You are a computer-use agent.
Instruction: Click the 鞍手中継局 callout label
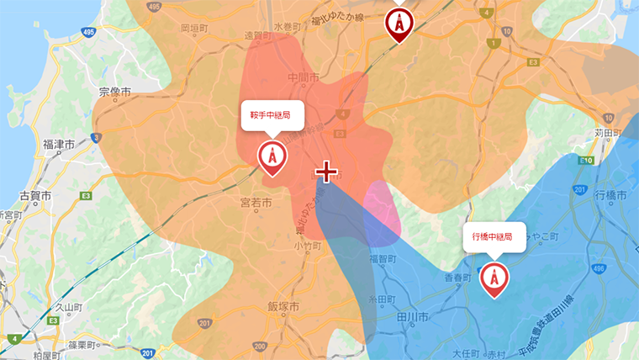(271, 115)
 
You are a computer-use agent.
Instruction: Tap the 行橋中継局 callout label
(493, 237)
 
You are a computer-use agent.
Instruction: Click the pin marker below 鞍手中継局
(271, 157)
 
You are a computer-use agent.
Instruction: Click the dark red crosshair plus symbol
(326, 172)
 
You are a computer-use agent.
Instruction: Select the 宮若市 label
(256, 203)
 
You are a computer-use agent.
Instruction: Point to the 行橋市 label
(610, 195)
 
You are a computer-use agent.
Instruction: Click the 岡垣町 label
(195, 28)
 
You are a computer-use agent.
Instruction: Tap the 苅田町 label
(606, 133)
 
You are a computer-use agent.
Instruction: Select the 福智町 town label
(383, 260)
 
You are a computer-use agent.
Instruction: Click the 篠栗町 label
(84, 345)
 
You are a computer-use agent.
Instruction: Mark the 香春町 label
(458, 277)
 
